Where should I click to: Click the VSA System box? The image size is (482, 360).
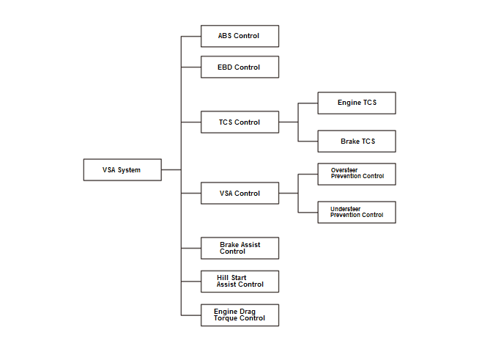(x=122, y=170)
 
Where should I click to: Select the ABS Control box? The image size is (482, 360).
(x=240, y=36)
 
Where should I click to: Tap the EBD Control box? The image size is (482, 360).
(x=240, y=67)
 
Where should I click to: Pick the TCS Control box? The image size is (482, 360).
(x=240, y=122)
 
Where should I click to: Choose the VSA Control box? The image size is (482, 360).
(x=240, y=194)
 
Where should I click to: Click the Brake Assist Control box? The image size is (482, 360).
(x=240, y=248)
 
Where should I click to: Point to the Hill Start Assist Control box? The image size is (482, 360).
(x=240, y=282)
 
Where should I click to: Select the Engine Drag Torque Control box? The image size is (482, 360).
(x=240, y=315)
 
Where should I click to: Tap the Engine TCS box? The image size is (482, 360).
(x=357, y=103)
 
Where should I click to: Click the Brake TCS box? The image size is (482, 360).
(x=357, y=142)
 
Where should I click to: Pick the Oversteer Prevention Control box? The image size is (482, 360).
(x=357, y=175)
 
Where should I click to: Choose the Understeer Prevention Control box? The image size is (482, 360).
(x=357, y=213)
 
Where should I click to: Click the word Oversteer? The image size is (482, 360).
(x=344, y=170)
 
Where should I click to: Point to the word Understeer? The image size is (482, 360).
(x=346, y=209)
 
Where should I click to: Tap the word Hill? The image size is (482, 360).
(x=223, y=278)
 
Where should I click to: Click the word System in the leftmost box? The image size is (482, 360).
(x=129, y=170)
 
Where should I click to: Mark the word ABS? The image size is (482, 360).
(x=225, y=36)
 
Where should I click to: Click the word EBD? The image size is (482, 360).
(x=225, y=67)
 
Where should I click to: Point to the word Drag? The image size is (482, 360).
(x=248, y=312)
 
